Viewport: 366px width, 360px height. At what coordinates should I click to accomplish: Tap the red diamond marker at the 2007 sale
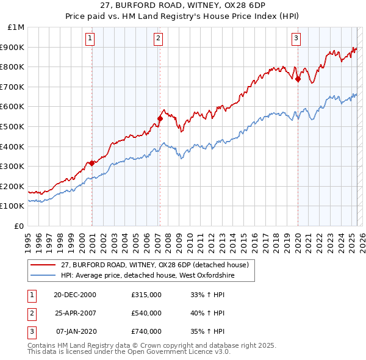click(x=160, y=118)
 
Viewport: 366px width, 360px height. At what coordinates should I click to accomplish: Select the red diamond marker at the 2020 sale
click(x=298, y=79)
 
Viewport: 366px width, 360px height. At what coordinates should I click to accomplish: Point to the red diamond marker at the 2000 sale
click(x=91, y=163)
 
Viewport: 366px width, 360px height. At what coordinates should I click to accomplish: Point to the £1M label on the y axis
click(x=16, y=27)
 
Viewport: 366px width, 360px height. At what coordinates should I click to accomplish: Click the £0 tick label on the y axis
click(x=20, y=226)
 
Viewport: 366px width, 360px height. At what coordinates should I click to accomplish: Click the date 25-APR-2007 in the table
click(x=75, y=313)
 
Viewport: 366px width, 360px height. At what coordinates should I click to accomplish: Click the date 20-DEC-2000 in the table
click(x=75, y=295)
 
